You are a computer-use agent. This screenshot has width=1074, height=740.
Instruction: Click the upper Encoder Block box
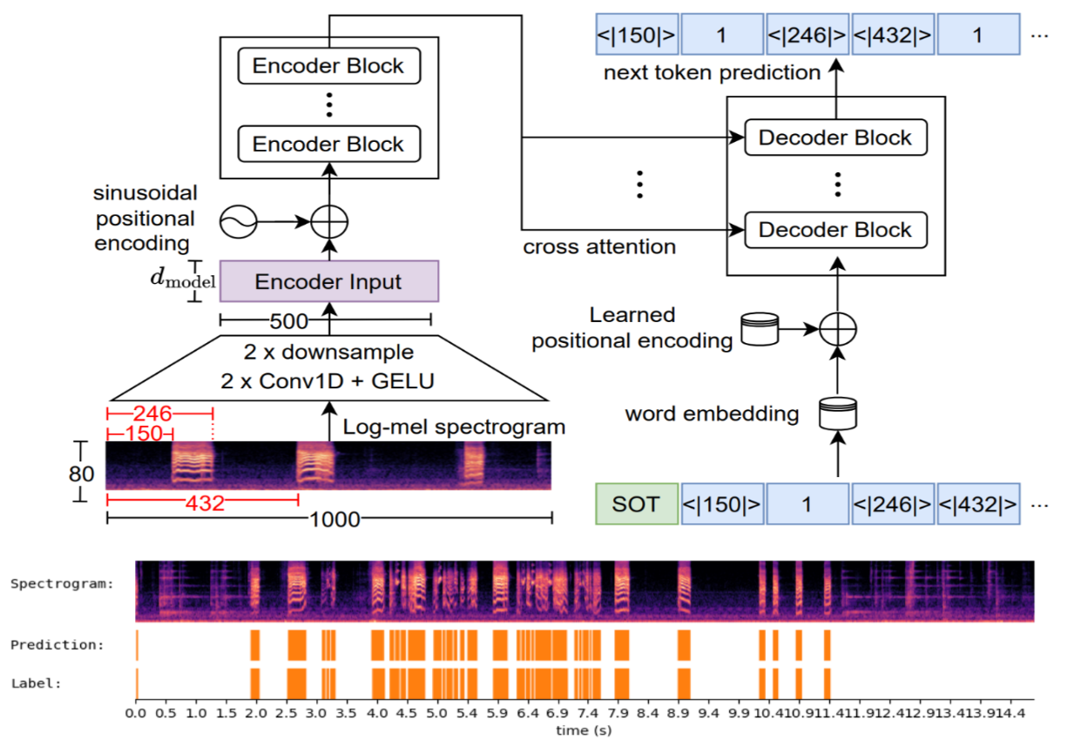click(328, 66)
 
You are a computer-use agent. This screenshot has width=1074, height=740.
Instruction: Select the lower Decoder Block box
click(834, 230)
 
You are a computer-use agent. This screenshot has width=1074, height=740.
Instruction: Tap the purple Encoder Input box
click(328, 281)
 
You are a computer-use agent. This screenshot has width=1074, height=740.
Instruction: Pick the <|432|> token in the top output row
click(892, 37)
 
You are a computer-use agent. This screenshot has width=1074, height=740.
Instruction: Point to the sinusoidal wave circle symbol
click(237, 223)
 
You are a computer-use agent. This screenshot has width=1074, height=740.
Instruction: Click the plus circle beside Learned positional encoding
click(838, 328)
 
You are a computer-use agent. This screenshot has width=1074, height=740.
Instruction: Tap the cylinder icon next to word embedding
click(838, 412)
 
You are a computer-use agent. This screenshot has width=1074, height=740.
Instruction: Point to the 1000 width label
click(334, 520)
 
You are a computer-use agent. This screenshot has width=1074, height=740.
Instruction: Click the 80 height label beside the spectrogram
click(81, 474)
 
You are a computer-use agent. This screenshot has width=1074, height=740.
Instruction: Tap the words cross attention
click(599, 247)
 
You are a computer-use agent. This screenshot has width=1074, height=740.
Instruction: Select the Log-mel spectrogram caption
click(454, 427)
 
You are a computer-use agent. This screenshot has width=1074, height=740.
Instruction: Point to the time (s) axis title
click(584, 730)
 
